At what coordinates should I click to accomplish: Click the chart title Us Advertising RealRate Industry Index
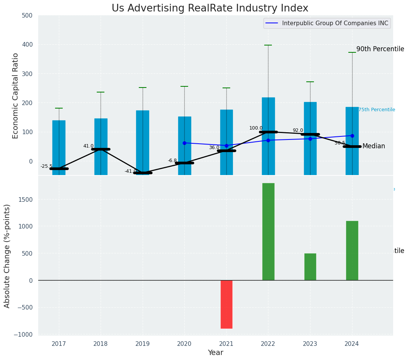click(x=210, y=8)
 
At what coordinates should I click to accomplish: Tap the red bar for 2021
click(x=226, y=304)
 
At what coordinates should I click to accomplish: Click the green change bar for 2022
click(x=268, y=232)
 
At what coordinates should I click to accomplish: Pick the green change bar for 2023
click(x=310, y=267)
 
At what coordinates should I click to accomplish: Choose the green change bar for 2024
click(x=352, y=250)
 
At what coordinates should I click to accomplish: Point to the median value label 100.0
click(x=256, y=128)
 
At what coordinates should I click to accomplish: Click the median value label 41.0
click(x=88, y=146)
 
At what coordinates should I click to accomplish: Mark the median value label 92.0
click(x=298, y=131)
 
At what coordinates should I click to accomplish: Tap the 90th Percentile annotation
click(x=380, y=49)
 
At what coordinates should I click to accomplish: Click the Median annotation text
click(x=374, y=146)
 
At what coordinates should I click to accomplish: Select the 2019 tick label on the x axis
click(x=143, y=344)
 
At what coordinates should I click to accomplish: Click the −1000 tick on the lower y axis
click(x=23, y=334)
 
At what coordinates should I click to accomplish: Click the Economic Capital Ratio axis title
click(x=16, y=96)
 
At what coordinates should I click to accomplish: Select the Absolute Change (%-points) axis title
click(x=7, y=256)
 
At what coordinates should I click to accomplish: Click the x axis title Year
click(x=216, y=353)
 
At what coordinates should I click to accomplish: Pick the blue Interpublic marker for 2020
click(x=184, y=143)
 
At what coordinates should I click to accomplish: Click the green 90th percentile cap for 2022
click(x=268, y=45)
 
